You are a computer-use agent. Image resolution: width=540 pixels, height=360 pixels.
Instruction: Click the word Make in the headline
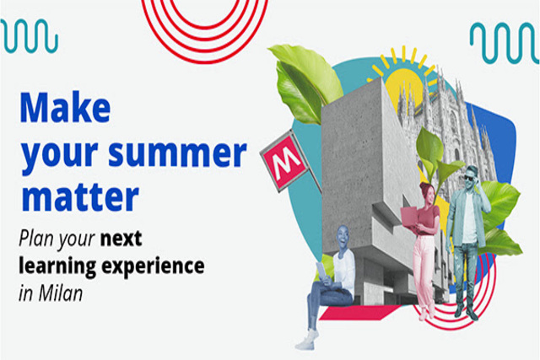click(x=66, y=107)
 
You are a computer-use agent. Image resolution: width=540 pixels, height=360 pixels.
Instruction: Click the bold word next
click(x=121, y=238)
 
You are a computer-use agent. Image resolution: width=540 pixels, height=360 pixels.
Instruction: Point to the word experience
click(x=153, y=266)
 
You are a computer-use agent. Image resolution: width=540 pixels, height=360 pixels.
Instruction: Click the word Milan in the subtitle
click(x=60, y=293)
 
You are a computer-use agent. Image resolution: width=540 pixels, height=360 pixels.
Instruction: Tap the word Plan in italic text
click(x=37, y=238)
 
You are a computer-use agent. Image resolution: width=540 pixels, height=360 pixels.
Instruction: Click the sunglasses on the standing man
click(x=469, y=177)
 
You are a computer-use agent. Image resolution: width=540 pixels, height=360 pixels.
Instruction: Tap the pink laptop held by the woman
click(x=409, y=217)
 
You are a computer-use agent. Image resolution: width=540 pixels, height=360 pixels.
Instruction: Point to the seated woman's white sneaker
click(x=305, y=341)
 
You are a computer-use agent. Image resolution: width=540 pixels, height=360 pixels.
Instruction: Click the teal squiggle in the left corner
click(x=29, y=35)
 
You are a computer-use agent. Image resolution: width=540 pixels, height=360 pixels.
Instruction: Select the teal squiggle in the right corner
click(x=505, y=43)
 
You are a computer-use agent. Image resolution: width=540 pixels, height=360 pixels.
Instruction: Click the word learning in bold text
click(x=57, y=266)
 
